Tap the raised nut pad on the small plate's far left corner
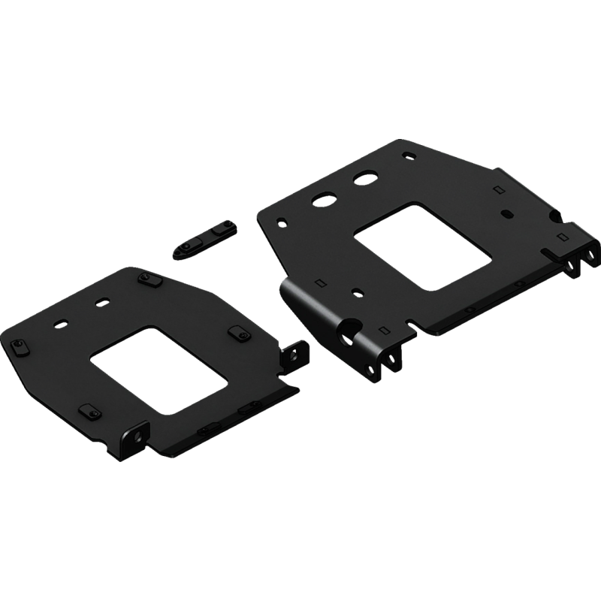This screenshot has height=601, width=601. coord(16,345)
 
